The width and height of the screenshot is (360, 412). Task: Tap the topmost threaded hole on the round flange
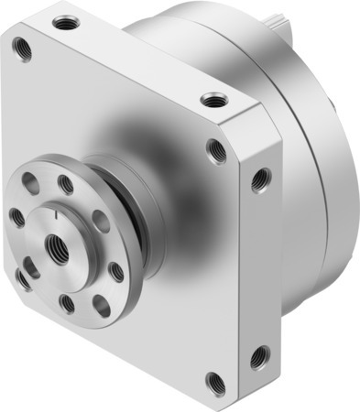coord(66,186)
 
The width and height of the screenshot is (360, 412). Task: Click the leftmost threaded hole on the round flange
coord(17,218)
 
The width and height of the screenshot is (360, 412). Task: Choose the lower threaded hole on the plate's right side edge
coord(259,352)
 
